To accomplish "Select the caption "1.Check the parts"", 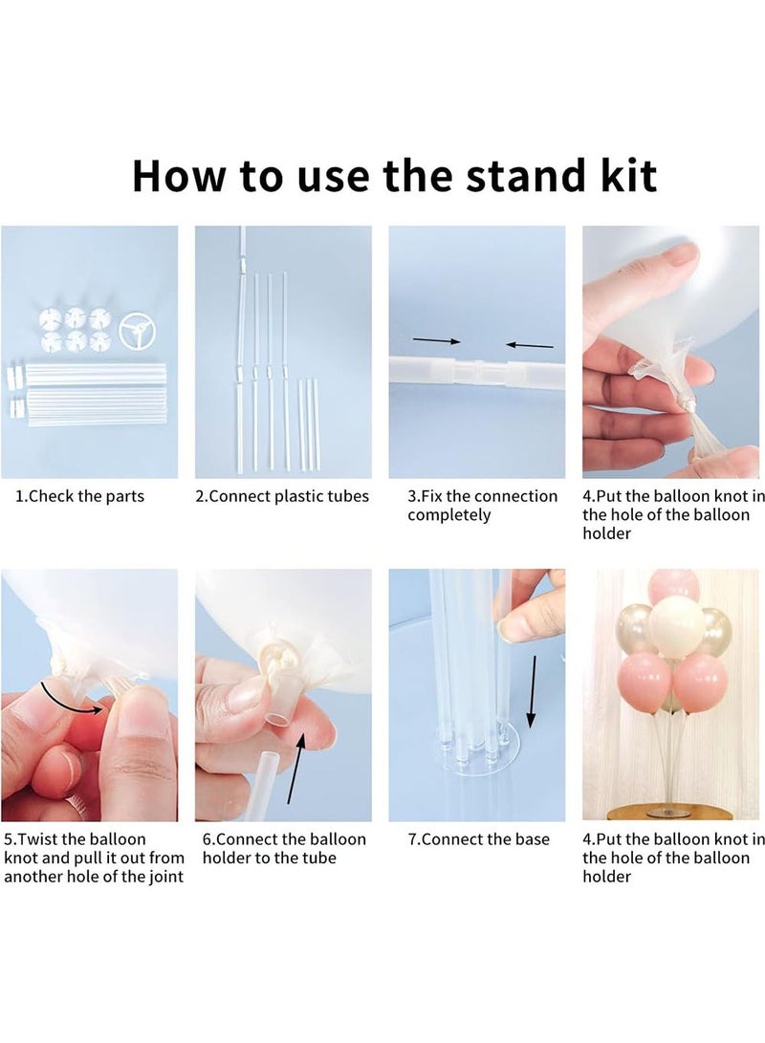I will click(x=79, y=496).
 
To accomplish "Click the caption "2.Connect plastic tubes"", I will click(x=282, y=496).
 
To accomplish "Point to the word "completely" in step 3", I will click(x=449, y=515).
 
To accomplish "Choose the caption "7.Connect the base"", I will click(x=479, y=838).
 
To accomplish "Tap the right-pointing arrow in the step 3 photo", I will click(x=436, y=339).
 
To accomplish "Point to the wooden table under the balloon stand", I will click(x=674, y=817).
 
